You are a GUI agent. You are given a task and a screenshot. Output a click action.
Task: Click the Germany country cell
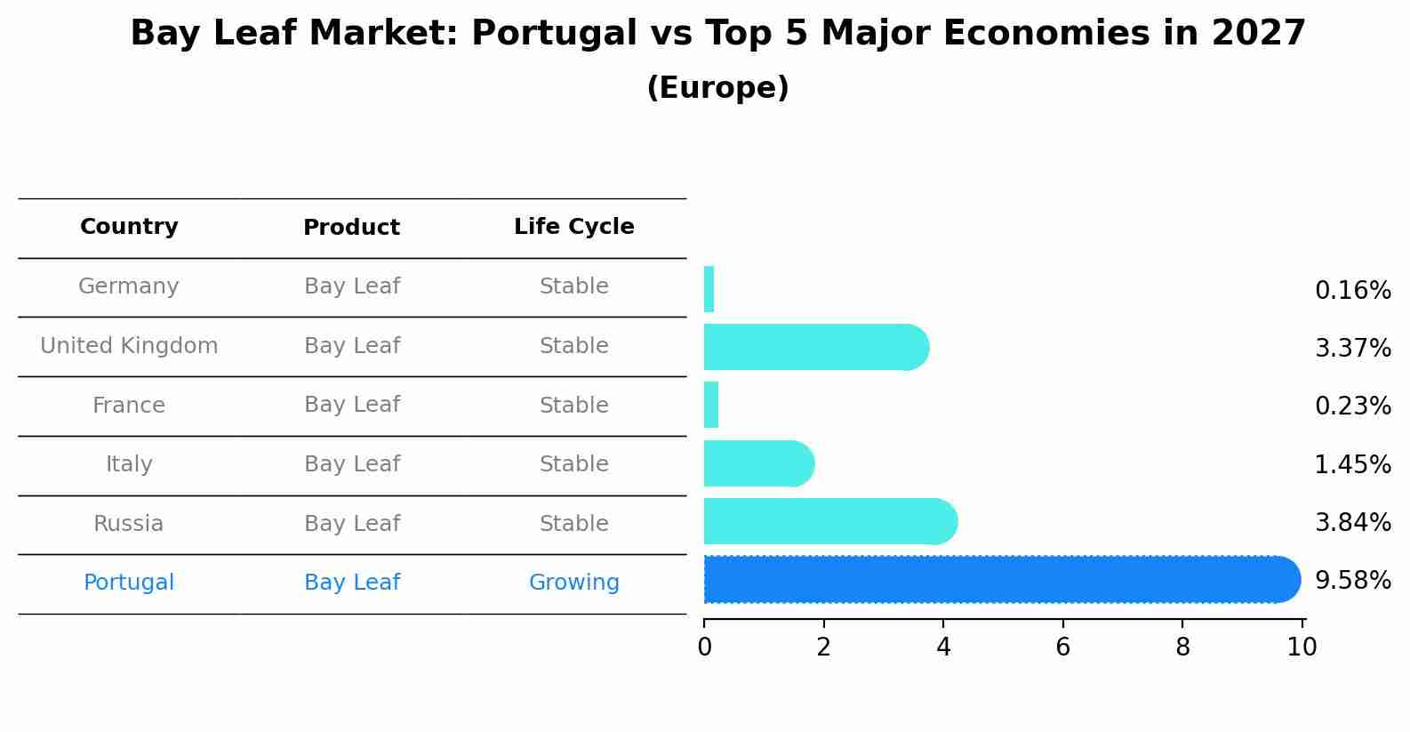(x=129, y=286)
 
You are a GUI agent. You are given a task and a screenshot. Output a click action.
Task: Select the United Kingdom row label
(x=129, y=346)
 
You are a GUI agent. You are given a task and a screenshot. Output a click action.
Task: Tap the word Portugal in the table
(x=129, y=583)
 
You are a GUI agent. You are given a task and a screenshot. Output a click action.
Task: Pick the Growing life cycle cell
(x=573, y=583)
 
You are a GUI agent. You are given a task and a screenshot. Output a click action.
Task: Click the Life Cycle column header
(x=573, y=227)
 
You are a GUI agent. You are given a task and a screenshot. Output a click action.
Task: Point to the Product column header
(x=351, y=228)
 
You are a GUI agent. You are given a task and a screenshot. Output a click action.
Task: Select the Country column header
(x=129, y=227)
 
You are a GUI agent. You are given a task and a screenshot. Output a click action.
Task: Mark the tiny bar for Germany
(x=709, y=289)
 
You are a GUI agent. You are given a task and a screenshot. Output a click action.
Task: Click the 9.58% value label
(x=1352, y=581)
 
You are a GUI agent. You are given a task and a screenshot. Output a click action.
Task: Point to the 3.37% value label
(x=1352, y=348)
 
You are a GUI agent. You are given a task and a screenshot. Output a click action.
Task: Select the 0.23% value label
(x=1352, y=406)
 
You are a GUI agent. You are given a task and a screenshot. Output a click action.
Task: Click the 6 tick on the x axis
(x=1062, y=648)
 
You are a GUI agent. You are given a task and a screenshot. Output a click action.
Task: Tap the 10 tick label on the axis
(x=1302, y=648)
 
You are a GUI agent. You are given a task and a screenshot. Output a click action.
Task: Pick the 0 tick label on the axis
(x=704, y=648)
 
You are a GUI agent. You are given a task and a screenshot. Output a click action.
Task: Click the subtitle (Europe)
(x=717, y=88)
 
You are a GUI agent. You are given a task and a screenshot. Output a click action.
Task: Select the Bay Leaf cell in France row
(x=351, y=405)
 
